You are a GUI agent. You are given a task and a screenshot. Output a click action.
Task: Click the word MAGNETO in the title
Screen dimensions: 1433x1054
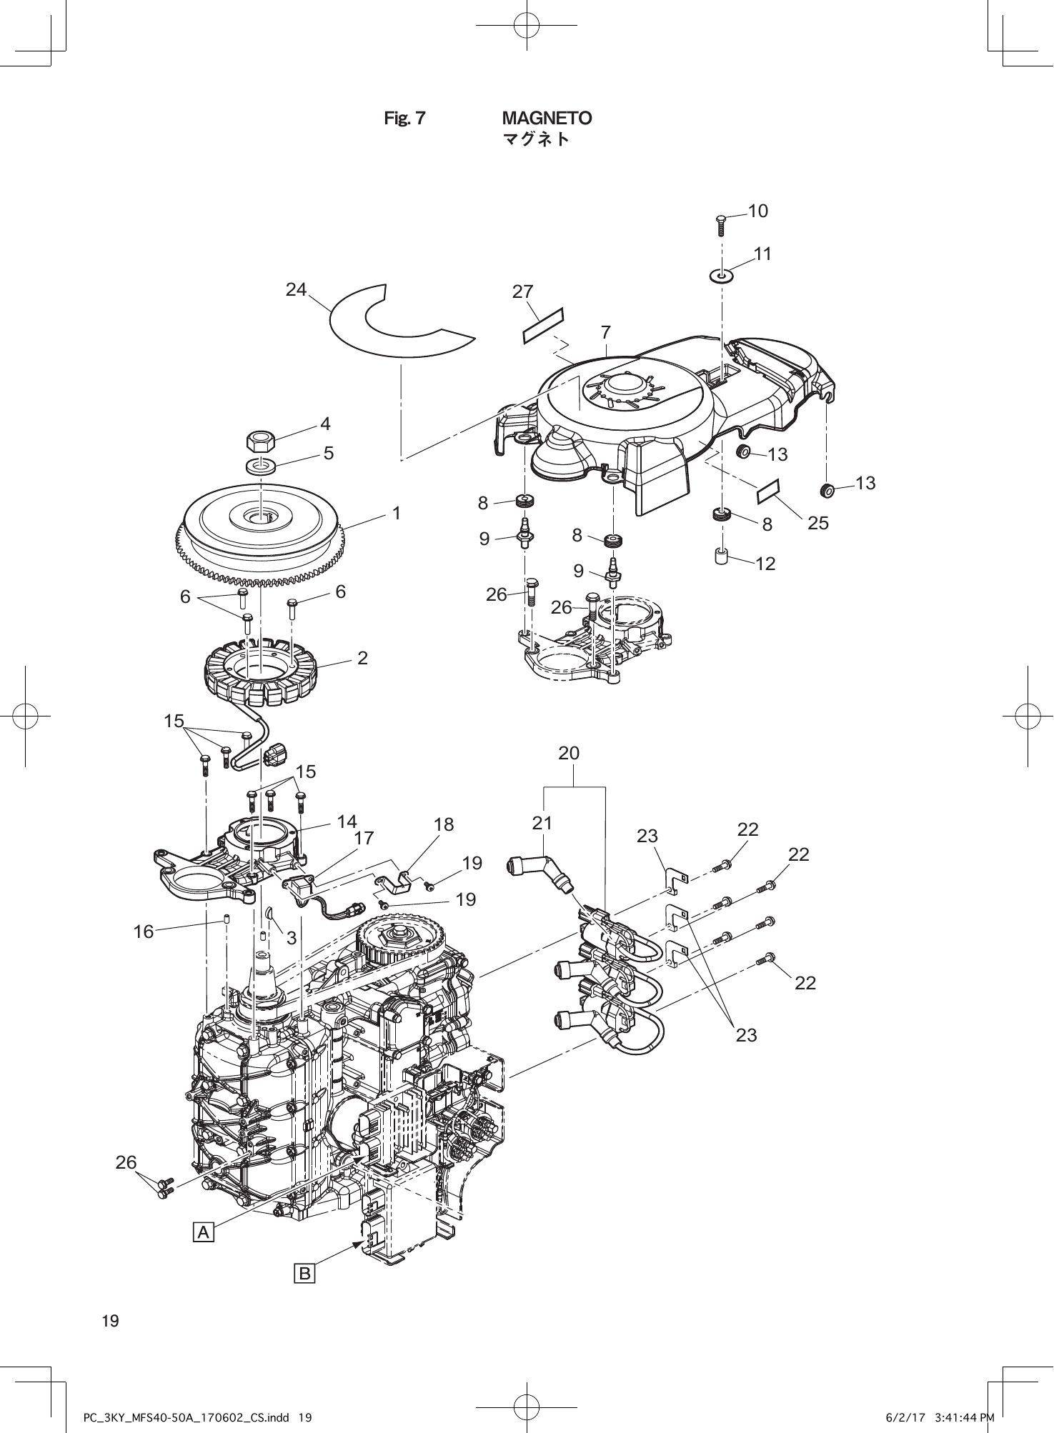pos(547,118)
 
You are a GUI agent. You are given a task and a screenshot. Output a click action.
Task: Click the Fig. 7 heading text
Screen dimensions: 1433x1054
pos(404,119)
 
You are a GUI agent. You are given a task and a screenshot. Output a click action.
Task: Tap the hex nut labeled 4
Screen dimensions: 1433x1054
pos(262,440)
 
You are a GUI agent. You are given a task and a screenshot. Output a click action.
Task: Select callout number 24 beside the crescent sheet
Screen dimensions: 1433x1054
pos(296,289)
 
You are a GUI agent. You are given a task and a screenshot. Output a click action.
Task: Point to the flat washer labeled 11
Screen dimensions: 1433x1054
pos(722,275)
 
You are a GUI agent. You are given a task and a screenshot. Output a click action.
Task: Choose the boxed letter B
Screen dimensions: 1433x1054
pos(305,1273)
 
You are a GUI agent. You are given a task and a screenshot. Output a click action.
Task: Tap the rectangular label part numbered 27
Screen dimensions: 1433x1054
pos(543,325)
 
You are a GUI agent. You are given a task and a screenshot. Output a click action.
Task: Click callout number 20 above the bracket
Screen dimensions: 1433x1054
pos(569,753)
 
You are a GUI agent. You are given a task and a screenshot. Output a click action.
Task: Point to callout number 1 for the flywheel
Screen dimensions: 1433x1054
pos(396,513)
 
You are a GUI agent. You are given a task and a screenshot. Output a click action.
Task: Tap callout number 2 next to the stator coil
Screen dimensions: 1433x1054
pos(362,658)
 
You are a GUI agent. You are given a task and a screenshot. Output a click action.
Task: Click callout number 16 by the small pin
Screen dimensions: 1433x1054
pos(144,932)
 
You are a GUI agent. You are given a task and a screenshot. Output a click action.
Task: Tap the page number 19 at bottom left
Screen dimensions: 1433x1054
pos(111,1321)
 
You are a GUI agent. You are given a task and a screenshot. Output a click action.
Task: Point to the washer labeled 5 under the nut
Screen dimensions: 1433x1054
pos(262,466)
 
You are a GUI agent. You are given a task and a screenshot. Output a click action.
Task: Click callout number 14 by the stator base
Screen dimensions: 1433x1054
pos(347,822)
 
